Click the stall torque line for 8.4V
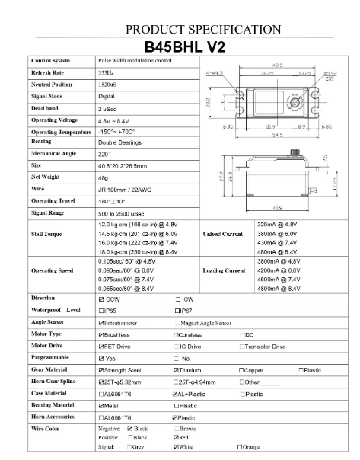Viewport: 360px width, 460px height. tap(139, 251)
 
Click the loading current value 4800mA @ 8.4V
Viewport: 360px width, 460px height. tap(283, 289)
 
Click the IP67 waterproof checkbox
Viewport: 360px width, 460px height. tap(178, 311)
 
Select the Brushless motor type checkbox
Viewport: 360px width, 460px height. tap(102, 334)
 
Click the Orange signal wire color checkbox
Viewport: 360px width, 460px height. tap(241, 446)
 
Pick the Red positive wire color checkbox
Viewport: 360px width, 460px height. tap(177, 438)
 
